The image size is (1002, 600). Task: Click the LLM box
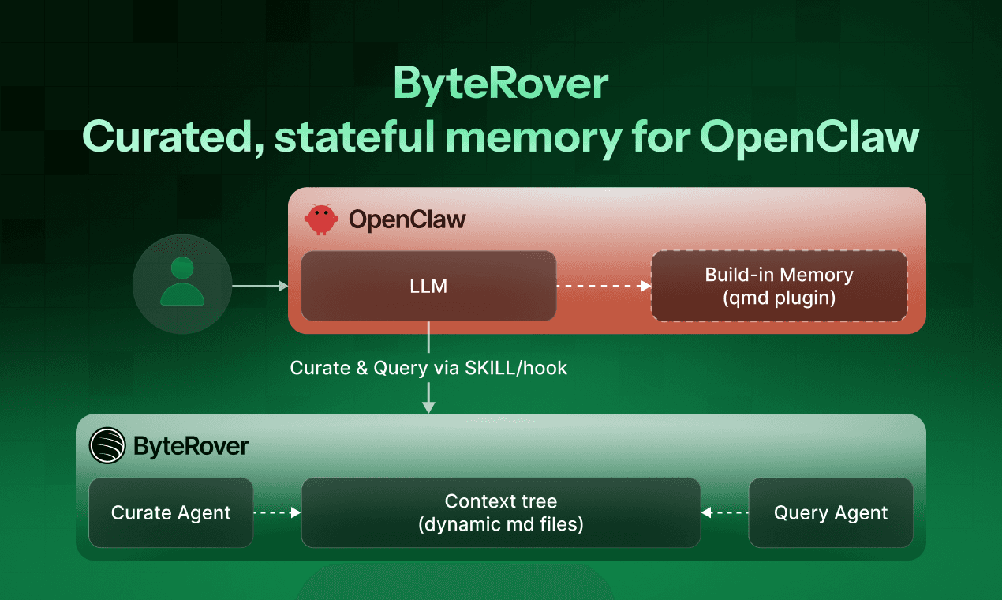click(x=428, y=286)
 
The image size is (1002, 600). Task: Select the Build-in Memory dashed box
click(x=779, y=286)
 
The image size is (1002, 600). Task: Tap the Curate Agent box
click(x=170, y=512)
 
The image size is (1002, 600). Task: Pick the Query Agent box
click(x=830, y=512)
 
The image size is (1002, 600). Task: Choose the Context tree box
click(x=500, y=512)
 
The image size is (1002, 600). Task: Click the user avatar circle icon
click(x=182, y=281)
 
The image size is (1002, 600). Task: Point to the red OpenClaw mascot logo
click(x=321, y=219)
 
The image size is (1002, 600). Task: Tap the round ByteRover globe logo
click(x=107, y=445)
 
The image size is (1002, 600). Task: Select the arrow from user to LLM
click(x=260, y=286)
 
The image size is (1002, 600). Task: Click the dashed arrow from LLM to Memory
click(x=604, y=286)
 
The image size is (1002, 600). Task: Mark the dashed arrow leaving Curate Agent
click(x=277, y=512)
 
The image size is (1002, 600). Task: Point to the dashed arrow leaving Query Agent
click(x=724, y=512)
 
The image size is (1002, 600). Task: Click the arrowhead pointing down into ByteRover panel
click(x=428, y=406)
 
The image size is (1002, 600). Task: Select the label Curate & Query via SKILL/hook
click(x=428, y=367)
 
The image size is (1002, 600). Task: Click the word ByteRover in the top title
click(x=500, y=83)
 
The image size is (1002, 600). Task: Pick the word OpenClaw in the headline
click(x=809, y=137)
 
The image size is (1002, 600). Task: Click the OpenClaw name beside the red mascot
click(x=407, y=220)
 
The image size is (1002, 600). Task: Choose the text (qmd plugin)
click(x=779, y=298)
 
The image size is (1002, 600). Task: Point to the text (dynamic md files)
click(x=500, y=524)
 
